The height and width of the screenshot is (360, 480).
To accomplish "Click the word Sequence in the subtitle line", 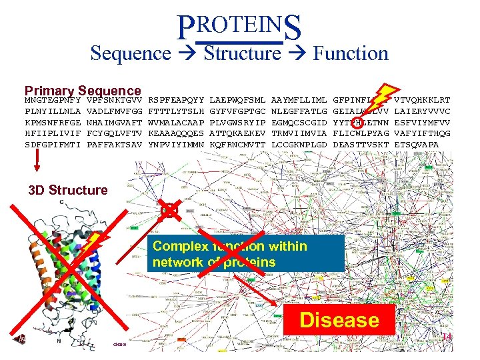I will coord(130,53).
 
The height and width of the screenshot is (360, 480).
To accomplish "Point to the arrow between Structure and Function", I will coord(298,53).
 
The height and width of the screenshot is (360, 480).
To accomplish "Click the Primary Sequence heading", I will coord(83,91).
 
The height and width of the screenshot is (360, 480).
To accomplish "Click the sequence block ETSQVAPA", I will coord(417,144).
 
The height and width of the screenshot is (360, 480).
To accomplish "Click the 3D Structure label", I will coord(68,191).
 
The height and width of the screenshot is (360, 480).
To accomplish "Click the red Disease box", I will coord(339,320).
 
